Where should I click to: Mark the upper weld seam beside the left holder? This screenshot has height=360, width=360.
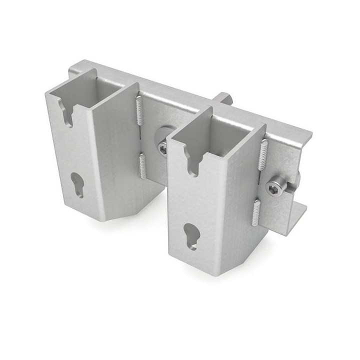pos(139,111)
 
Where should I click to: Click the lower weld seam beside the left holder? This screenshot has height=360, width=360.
pos(143,165)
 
